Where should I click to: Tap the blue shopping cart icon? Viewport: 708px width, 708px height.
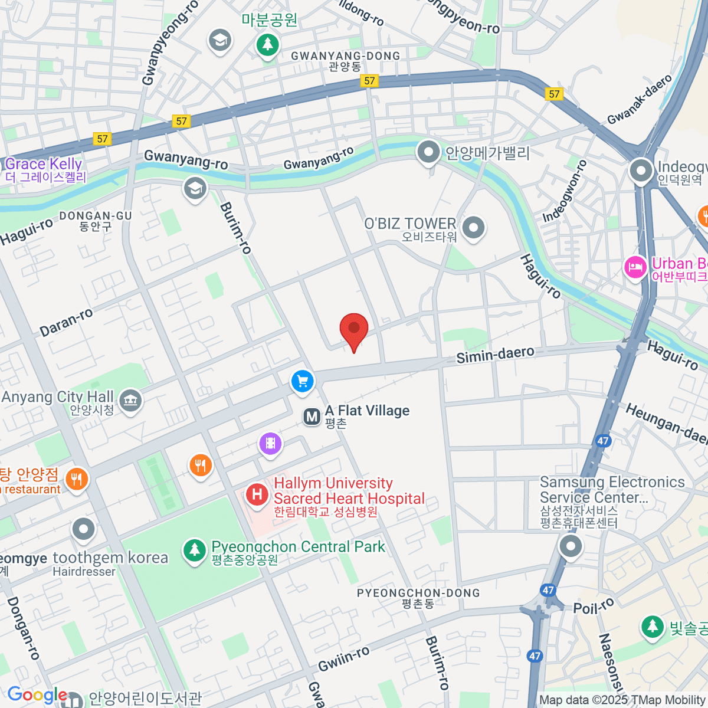tap(303, 381)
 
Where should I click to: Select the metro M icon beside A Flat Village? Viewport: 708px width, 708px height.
tap(312, 417)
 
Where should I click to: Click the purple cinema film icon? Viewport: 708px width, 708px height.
tap(270, 443)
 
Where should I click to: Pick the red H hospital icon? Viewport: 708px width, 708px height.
tap(257, 494)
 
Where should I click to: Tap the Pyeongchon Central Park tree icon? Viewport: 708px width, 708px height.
tap(194, 550)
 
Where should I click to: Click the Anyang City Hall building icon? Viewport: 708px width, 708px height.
tap(130, 401)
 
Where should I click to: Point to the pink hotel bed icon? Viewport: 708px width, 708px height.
tap(635, 267)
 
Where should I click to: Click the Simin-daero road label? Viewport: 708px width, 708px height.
tap(496, 355)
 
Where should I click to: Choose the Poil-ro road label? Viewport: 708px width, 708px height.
tap(594, 607)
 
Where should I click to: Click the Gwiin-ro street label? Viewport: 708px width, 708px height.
tap(344, 658)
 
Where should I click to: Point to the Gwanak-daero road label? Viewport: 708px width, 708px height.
tap(640, 99)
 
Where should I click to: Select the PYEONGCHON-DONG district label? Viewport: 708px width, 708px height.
tap(418, 593)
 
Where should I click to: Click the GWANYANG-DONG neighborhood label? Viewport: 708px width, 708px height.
tap(345, 56)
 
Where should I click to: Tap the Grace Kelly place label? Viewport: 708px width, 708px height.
tap(44, 164)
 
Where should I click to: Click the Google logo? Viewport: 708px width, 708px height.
tap(37, 695)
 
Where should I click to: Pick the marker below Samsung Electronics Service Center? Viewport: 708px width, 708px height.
tap(571, 546)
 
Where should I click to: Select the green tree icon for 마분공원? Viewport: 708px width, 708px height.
tap(268, 44)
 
